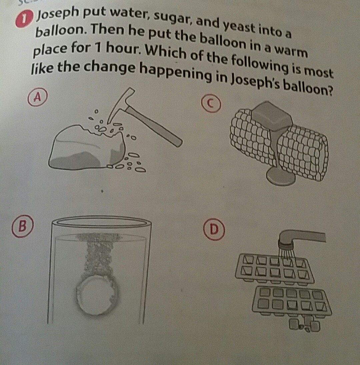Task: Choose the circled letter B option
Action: click(x=23, y=226)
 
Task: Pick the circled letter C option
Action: click(x=211, y=104)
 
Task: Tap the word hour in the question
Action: click(x=123, y=48)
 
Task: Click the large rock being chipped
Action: click(x=87, y=148)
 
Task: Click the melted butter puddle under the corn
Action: click(x=281, y=176)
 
